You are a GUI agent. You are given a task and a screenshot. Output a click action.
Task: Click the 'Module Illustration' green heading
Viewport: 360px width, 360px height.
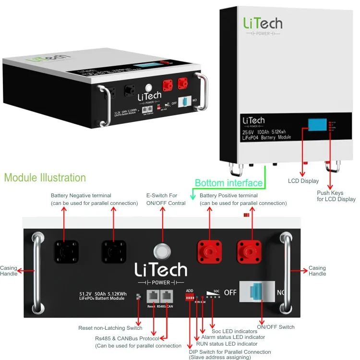click(x=45, y=178)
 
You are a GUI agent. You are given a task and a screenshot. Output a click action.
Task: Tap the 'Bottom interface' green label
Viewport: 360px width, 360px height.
click(x=229, y=183)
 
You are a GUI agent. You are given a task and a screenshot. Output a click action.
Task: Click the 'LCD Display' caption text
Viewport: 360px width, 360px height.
click(x=303, y=181)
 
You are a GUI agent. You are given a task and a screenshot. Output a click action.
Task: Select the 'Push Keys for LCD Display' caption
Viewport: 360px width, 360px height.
click(x=336, y=196)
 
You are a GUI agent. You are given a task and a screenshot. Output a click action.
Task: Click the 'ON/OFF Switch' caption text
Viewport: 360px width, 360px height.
click(x=276, y=327)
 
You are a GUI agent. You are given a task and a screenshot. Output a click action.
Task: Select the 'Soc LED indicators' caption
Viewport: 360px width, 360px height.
click(x=234, y=331)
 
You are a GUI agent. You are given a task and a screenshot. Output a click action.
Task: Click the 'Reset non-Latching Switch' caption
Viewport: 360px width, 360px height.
click(x=110, y=328)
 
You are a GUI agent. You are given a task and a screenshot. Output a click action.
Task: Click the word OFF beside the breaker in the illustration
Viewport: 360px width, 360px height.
click(x=231, y=292)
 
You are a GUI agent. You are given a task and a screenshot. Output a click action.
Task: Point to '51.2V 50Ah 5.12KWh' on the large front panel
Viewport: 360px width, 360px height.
click(x=103, y=294)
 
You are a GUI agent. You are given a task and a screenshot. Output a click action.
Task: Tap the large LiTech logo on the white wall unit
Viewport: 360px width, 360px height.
click(x=262, y=23)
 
